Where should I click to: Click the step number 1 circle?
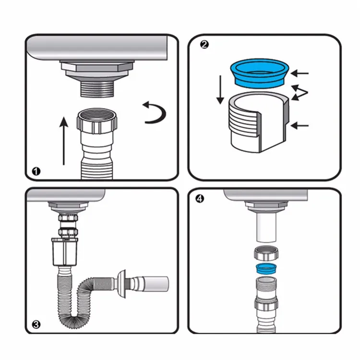click(x=36, y=171)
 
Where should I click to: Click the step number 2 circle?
click(x=204, y=45)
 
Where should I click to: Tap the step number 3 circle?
click(x=36, y=324)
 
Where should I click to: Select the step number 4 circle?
click(x=200, y=199)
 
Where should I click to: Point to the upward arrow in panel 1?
click(x=63, y=141)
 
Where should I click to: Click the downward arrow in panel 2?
click(x=220, y=90)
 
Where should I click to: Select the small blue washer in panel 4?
click(x=266, y=269)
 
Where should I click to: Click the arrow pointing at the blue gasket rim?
click(x=300, y=73)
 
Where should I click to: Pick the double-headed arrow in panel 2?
click(x=300, y=93)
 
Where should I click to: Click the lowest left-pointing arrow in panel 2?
click(x=300, y=126)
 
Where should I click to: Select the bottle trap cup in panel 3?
click(x=64, y=252)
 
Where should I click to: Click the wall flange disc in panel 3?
click(x=122, y=284)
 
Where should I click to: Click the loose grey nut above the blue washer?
click(x=266, y=253)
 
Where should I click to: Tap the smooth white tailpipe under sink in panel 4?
click(x=266, y=227)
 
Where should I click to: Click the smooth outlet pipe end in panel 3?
click(x=156, y=284)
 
